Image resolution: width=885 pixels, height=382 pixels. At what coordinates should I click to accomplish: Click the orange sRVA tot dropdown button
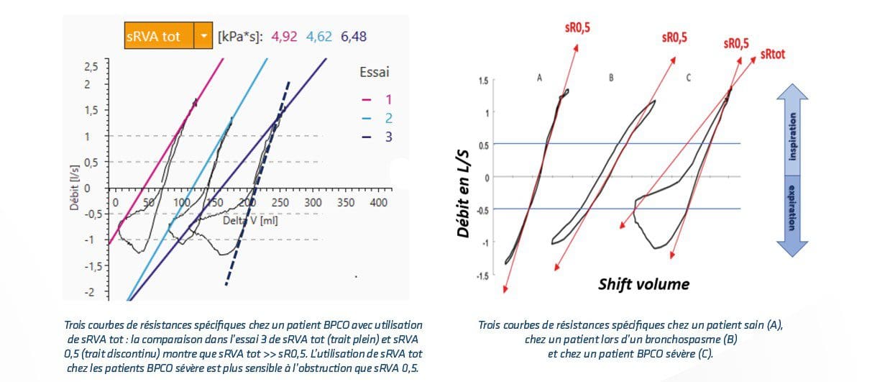[x=168, y=35]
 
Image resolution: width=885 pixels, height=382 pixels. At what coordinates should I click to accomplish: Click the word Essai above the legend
[x=375, y=72]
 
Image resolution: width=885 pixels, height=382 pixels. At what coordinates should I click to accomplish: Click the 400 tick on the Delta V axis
[x=378, y=203]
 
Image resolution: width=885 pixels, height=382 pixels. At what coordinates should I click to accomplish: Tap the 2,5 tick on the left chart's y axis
[x=91, y=66]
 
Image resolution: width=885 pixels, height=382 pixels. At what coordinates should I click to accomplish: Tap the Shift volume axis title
[x=643, y=284]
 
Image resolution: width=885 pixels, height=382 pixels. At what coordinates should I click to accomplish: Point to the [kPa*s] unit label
[x=240, y=35]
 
